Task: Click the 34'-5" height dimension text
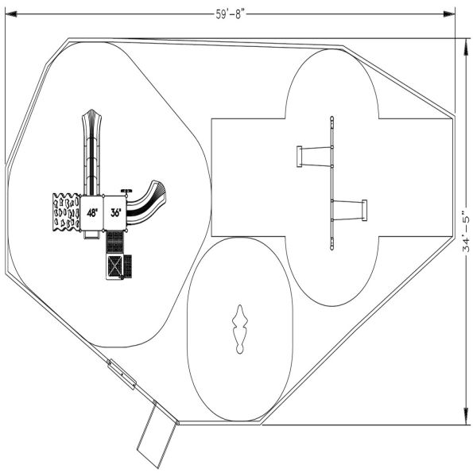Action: click(465, 227)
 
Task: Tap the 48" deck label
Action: click(92, 213)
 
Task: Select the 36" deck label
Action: click(116, 213)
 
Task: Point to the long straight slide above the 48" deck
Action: click(91, 151)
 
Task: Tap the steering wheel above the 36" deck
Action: click(125, 191)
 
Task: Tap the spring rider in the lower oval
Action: click(239, 329)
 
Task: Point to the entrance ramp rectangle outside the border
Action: click(155, 436)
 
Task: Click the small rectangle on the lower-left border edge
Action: click(122, 374)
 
